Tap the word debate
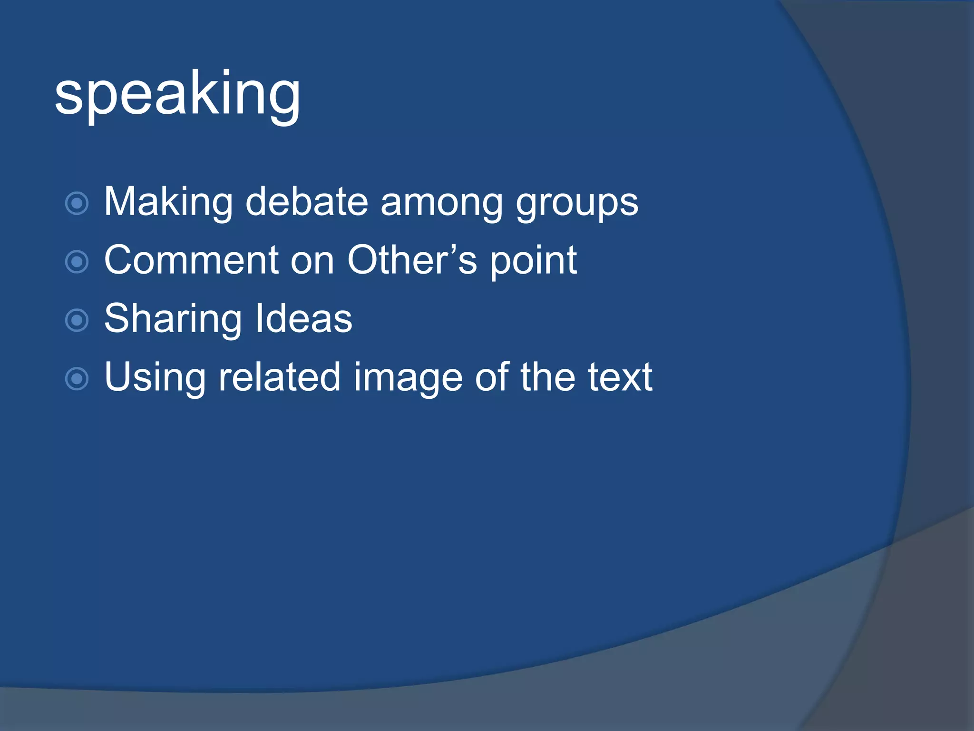coord(307,202)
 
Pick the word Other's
coord(412,260)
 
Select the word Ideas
coord(304,319)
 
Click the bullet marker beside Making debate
coord(77,204)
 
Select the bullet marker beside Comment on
coord(77,262)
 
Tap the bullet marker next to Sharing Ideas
coord(77,320)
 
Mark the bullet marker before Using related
coord(77,379)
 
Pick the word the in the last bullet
coord(547,377)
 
